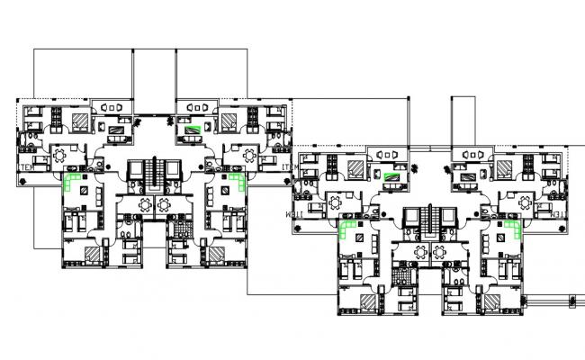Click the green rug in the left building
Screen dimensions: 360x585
pyautogui.click(x=192, y=129)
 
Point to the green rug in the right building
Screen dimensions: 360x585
pyautogui.click(x=391, y=176)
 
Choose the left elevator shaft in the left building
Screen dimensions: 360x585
pyautogui.click(x=135, y=172)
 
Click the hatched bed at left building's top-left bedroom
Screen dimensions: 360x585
pyautogui.click(x=80, y=119)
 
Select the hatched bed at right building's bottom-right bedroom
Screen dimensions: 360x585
pyautogui.click(x=492, y=300)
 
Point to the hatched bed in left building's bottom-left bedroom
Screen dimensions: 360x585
pyautogui.click(x=93, y=254)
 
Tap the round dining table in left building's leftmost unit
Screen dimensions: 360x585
pyautogui.click(x=62, y=155)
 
